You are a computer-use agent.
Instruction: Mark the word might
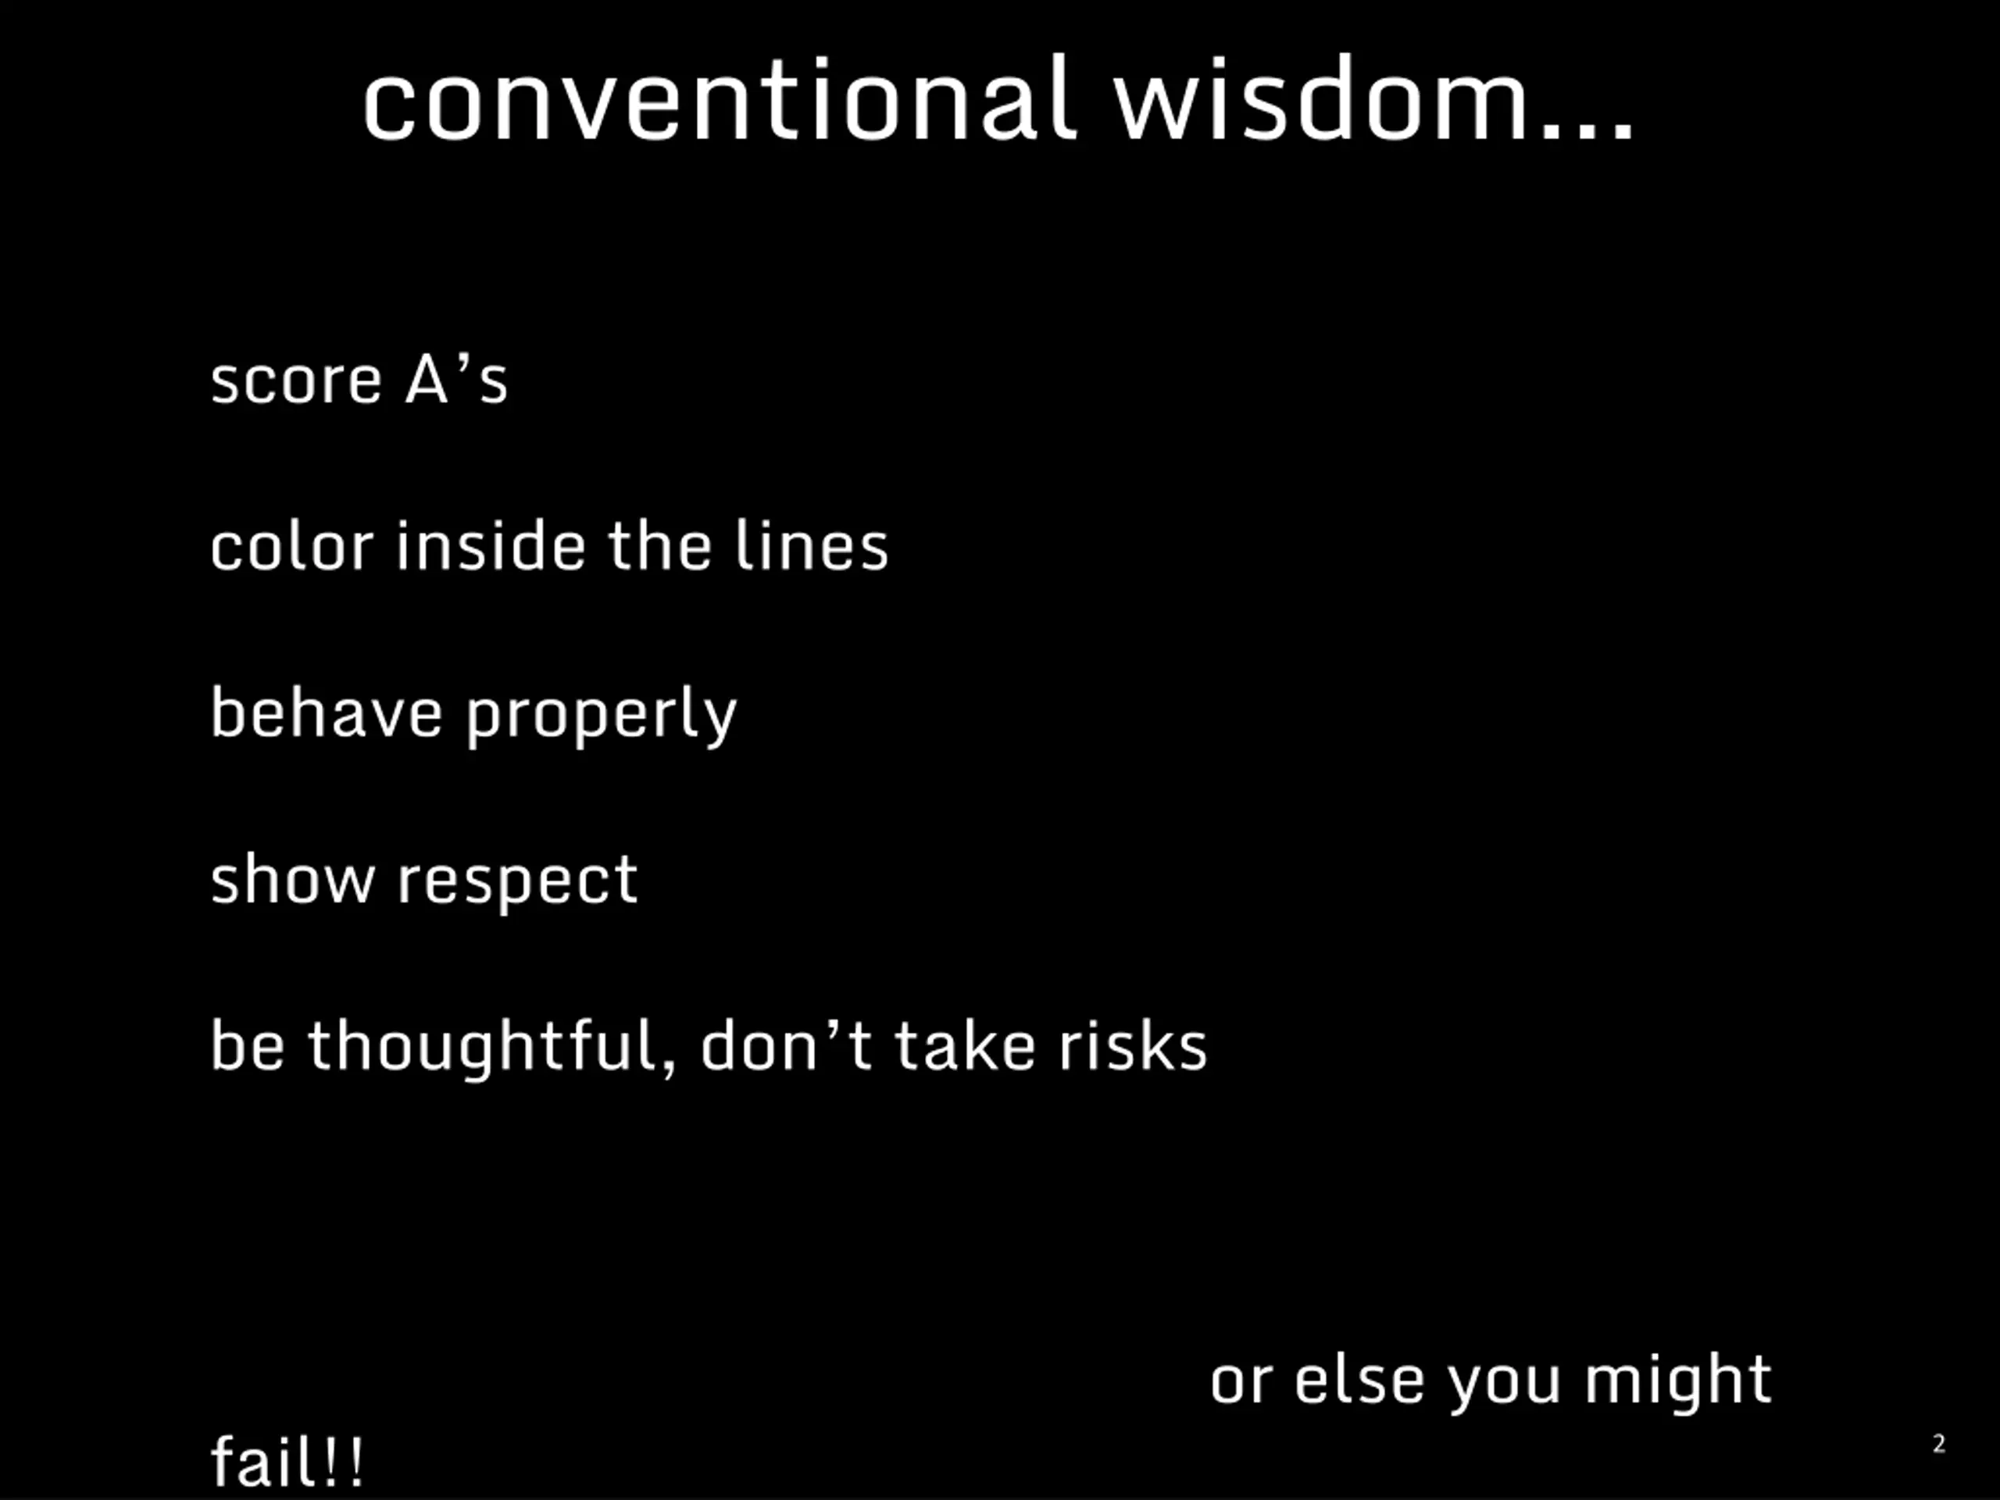click(x=1678, y=1384)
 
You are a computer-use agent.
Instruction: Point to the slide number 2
click(x=1938, y=1443)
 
